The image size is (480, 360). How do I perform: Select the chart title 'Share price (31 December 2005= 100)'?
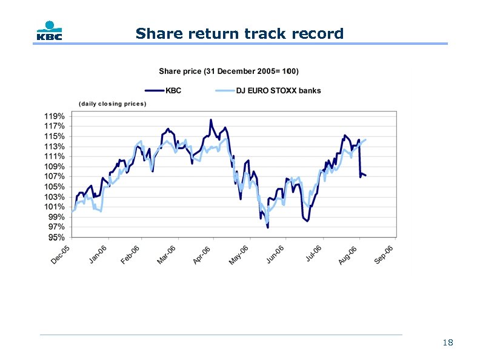[228, 71]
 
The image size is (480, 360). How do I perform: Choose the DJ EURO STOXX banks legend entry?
[268, 91]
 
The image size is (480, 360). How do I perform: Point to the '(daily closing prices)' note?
[112, 104]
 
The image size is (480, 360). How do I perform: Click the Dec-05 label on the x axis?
[61, 255]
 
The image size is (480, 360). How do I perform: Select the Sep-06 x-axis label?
[384, 255]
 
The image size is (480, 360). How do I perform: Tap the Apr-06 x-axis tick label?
[202, 255]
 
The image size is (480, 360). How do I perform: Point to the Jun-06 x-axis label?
[275, 255]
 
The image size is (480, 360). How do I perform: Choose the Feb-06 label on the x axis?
[130, 255]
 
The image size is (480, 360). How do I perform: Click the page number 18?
[448, 343]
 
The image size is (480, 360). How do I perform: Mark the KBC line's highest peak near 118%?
[211, 120]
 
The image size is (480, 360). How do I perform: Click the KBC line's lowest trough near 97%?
[267, 227]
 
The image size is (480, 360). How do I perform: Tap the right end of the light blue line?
[365, 140]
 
